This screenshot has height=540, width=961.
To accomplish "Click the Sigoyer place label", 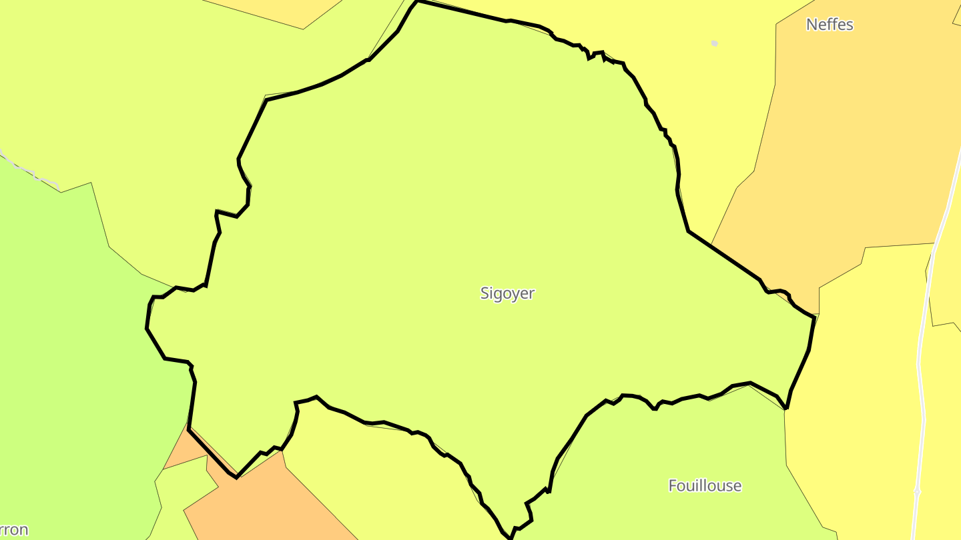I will coord(507,293).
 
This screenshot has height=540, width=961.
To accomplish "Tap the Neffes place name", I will coord(830,25).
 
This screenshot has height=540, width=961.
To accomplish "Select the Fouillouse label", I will coord(705,485).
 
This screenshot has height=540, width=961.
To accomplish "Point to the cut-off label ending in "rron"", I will coord(13,530).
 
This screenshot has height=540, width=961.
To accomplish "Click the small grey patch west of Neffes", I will coord(714,43).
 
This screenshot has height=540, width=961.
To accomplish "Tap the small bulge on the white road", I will coord(917,491).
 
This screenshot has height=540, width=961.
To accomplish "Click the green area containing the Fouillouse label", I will coord(667,453).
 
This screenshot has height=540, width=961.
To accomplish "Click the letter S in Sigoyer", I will coord(485,293).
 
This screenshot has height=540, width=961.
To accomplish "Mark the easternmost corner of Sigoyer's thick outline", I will coord(814,317).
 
